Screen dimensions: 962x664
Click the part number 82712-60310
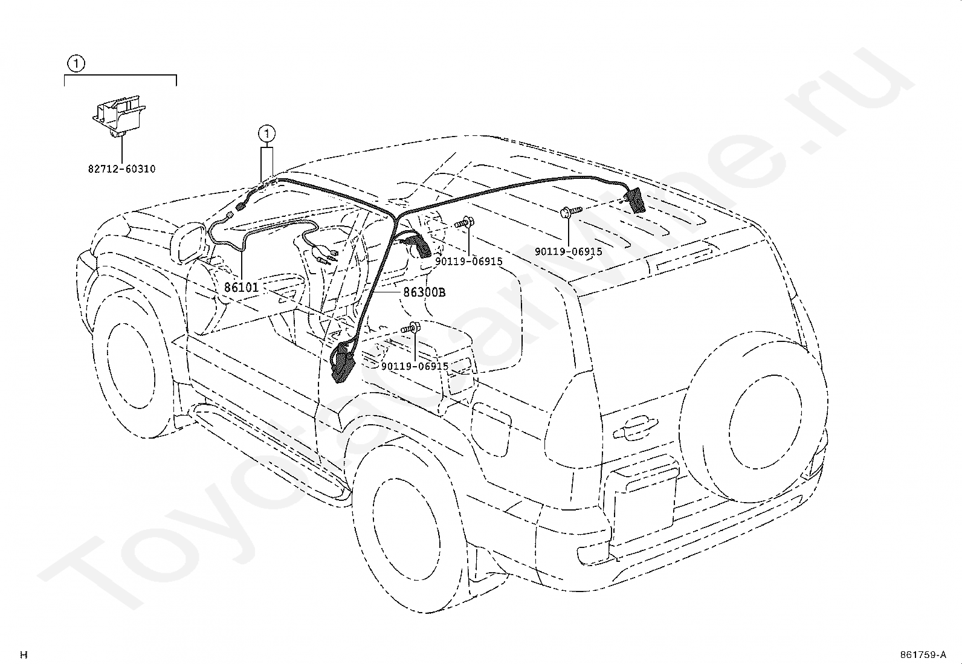121,169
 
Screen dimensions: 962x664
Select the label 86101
241,288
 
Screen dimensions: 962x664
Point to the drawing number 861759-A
922,654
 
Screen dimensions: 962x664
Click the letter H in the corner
24,654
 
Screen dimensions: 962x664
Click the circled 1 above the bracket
76,62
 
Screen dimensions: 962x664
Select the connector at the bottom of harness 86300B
343,363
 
